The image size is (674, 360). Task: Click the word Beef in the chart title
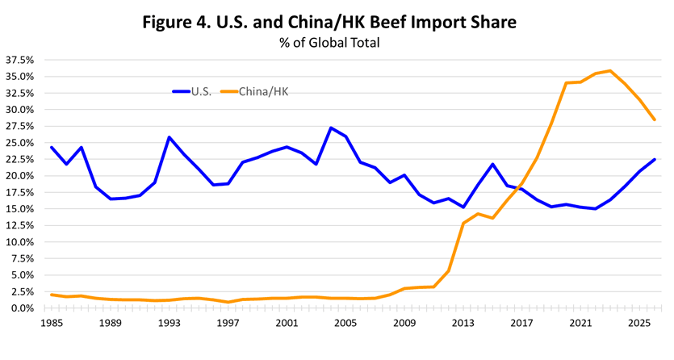pos(388,22)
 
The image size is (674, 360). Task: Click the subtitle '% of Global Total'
pos(329,43)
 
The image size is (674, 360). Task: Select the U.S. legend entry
pos(192,91)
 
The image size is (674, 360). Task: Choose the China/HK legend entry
pos(254,91)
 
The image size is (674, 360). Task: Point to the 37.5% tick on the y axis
pos(19,61)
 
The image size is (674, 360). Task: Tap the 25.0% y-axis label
pos(19,143)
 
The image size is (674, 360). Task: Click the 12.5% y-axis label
pos(19,225)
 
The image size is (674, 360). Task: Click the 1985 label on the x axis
pos(51,323)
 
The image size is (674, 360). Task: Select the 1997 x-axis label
pos(228,323)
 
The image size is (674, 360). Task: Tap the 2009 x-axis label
pos(404,323)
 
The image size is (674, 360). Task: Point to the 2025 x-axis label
pos(640,323)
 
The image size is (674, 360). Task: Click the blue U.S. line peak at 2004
pos(331,128)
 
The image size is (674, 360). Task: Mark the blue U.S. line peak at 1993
pos(169,137)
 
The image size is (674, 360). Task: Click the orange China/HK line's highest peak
pos(610,71)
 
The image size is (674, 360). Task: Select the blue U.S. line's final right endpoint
pos(655,159)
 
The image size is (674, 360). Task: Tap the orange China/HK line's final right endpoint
pos(655,119)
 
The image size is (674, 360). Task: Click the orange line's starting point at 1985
pos(51,295)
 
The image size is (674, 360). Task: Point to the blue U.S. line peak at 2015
pos(492,164)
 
